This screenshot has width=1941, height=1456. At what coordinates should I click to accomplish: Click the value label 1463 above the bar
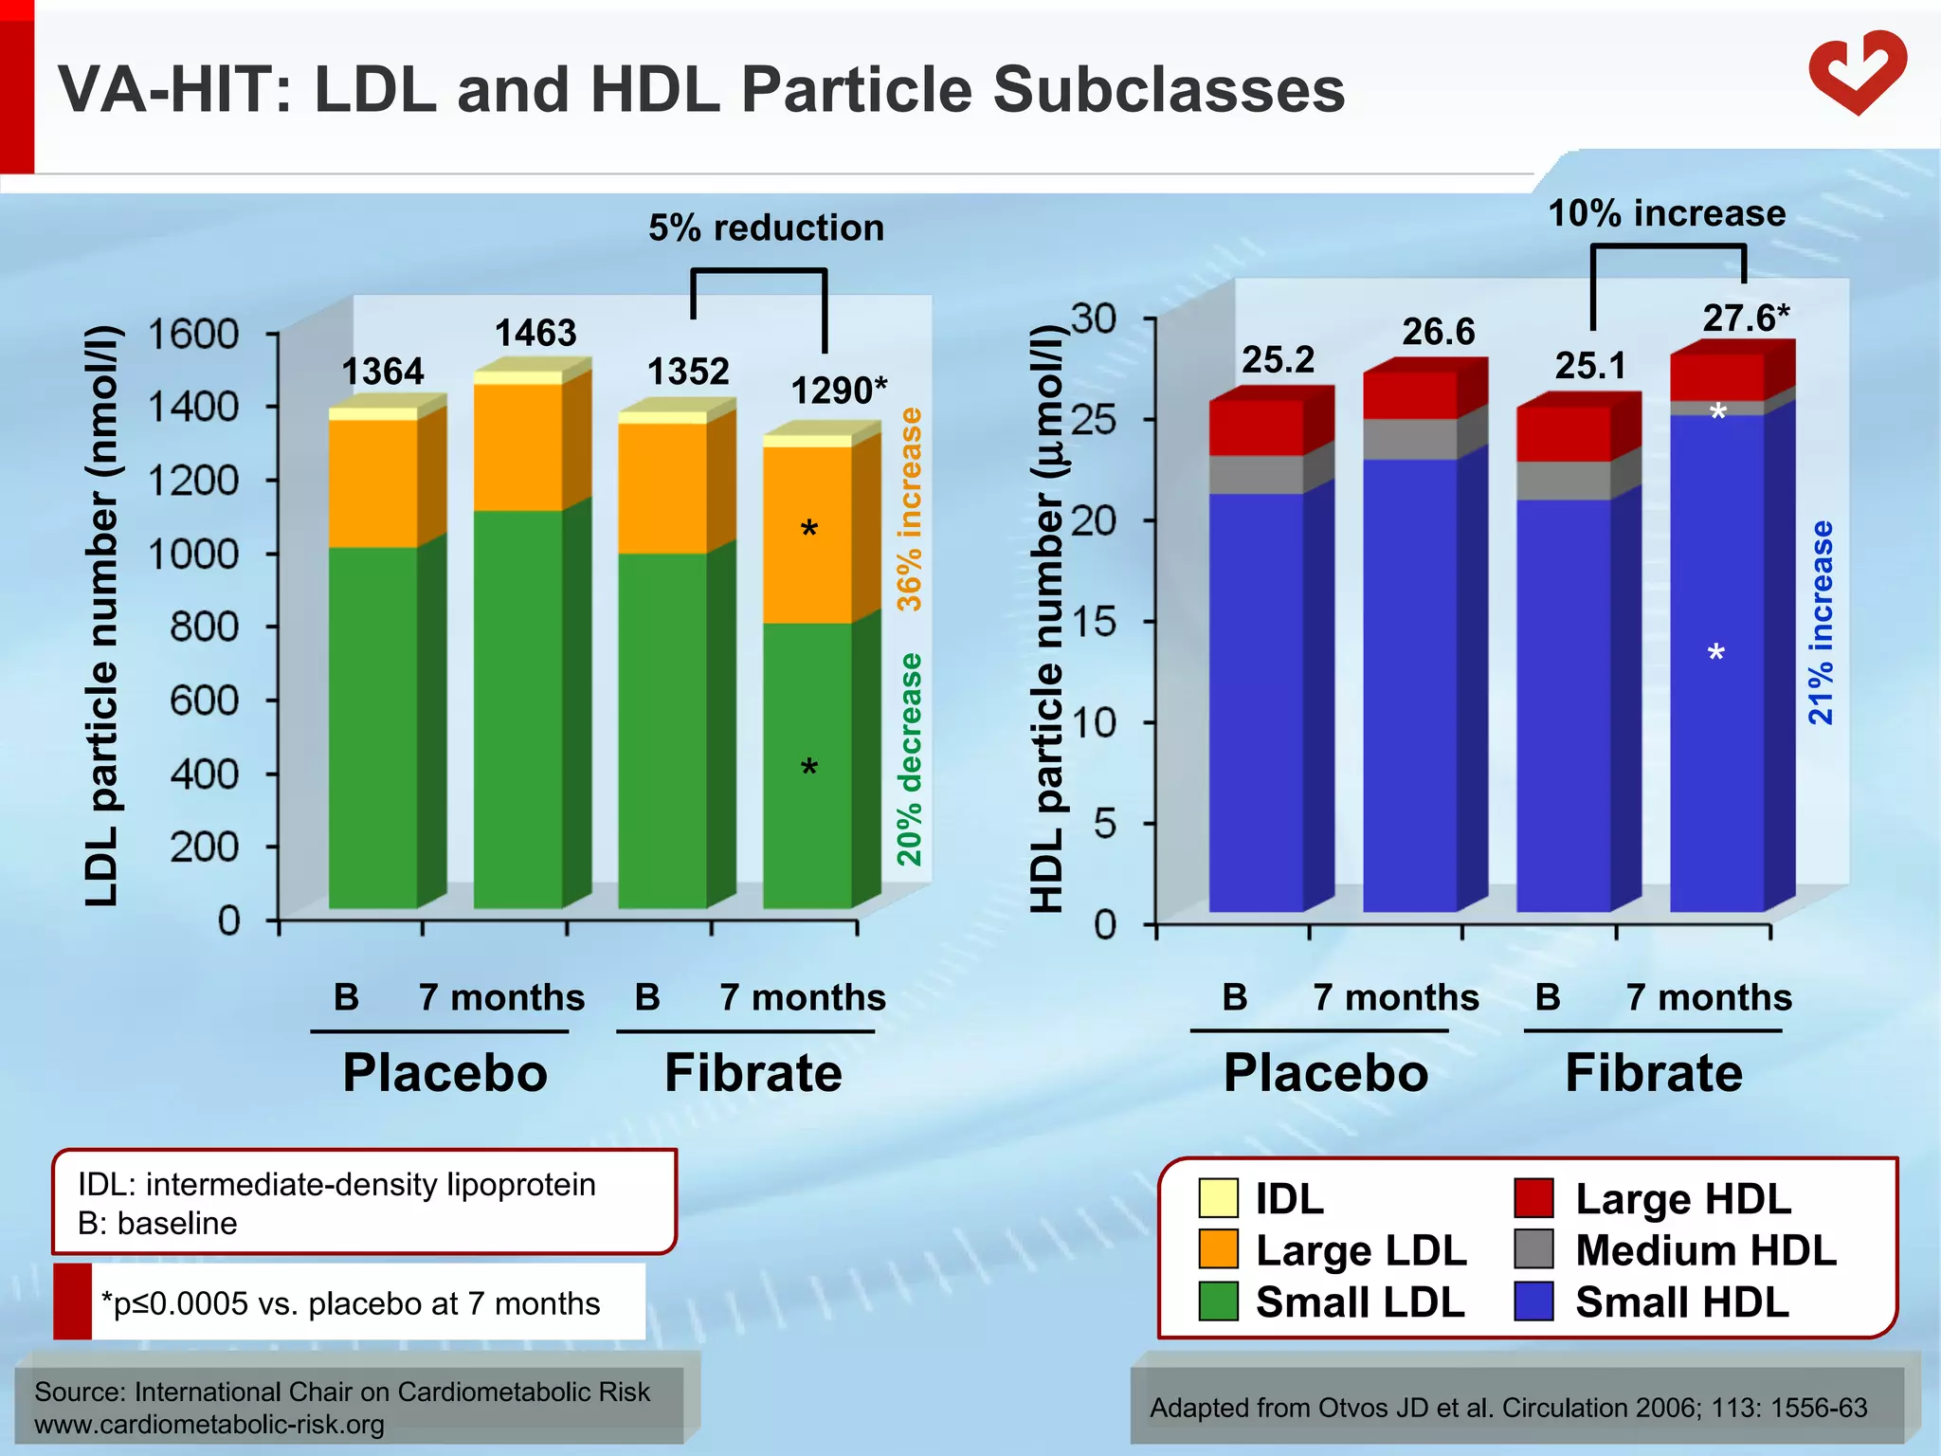[535, 334]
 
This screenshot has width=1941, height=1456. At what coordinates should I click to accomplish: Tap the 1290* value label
[839, 391]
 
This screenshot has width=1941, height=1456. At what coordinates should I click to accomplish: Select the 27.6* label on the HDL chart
[1746, 318]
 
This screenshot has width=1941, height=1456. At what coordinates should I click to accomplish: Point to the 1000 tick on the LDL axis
[194, 555]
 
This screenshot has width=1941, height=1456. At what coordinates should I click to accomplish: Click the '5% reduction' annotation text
[766, 228]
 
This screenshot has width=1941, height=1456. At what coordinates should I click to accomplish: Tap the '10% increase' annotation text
[1666, 213]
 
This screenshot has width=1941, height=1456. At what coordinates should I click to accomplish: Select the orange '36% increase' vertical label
[910, 510]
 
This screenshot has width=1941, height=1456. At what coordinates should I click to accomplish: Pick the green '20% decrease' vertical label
[910, 758]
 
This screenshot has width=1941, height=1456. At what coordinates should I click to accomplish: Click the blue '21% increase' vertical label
[1821, 623]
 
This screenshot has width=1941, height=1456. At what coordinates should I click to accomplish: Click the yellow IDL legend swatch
[1218, 1198]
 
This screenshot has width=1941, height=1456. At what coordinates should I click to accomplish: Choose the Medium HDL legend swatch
[1533, 1249]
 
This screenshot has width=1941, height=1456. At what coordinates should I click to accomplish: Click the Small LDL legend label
[1360, 1302]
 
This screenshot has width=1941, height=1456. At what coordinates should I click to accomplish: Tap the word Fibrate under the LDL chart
[753, 1074]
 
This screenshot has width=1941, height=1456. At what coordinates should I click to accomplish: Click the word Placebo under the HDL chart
[1325, 1074]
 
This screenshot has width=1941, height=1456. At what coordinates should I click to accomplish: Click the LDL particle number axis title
[102, 616]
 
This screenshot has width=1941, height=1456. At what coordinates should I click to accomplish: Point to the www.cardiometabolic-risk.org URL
[209, 1425]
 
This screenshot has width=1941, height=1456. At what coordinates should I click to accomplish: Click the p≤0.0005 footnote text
[351, 1304]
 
